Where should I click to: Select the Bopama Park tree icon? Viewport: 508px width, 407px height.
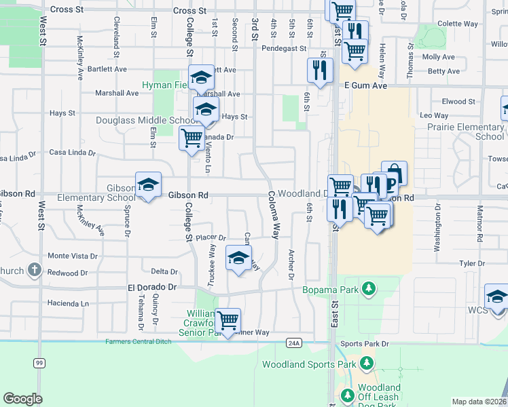coord(368,290)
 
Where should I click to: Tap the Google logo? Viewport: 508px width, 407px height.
coord(22,399)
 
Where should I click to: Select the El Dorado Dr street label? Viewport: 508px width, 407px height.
coord(152,288)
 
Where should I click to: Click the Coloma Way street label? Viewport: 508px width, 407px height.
coord(274,214)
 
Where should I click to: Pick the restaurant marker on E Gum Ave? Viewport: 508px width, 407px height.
coord(319,69)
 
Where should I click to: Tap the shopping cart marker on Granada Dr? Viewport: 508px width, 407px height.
coord(192,138)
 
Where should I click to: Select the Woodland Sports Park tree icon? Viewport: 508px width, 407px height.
coord(367,364)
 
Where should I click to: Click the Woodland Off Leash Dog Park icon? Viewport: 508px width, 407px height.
coord(347,395)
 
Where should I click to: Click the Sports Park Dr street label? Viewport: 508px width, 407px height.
coord(365,344)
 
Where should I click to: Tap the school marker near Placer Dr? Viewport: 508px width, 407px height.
coord(238,258)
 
